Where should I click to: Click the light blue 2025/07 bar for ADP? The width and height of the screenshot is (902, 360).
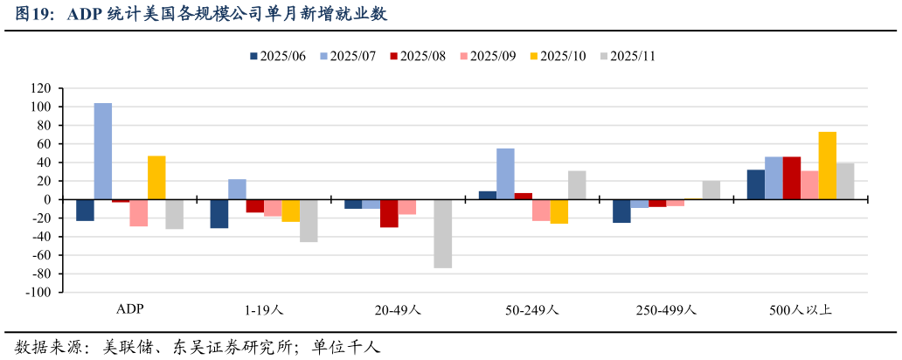(103, 151)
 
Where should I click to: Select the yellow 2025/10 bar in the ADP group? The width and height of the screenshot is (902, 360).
(156, 177)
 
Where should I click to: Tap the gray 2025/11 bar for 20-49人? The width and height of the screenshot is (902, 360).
(442, 233)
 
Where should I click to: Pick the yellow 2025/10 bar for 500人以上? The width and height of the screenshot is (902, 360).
(827, 165)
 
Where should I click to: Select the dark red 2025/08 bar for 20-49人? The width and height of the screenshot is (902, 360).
(389, 213)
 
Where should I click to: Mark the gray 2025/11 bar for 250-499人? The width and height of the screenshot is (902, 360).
(711, 190)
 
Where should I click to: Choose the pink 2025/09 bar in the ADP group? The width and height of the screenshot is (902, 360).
(139, 212)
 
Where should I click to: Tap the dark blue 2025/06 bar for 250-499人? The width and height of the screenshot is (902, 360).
(621, 211)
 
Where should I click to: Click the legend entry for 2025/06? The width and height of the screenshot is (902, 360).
(278, 56)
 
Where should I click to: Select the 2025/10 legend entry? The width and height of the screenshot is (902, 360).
(556, 56)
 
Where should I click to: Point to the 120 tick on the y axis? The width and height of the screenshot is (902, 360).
(41, 88)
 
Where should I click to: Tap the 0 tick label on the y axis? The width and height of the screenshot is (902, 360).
(49, 200)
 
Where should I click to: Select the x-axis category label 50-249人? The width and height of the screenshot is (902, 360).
(531, 310)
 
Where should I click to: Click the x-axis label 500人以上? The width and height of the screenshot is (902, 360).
(801, 310)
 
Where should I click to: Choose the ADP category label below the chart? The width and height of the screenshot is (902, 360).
(130, 310)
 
